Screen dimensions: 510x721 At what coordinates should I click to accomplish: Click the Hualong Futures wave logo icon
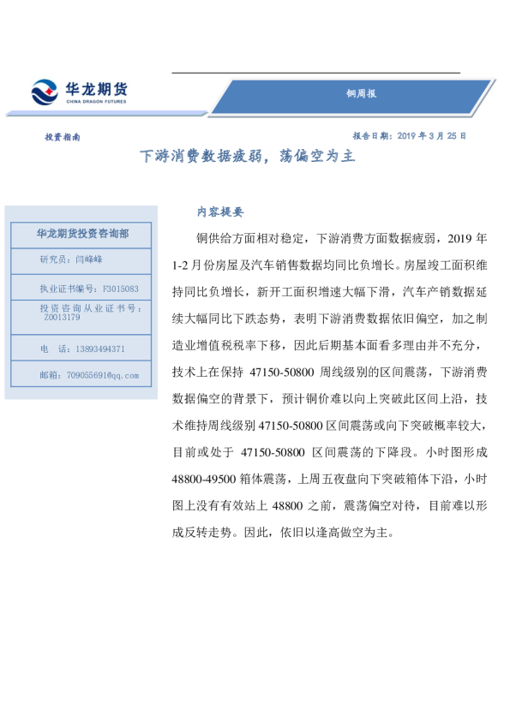tap(45, 92)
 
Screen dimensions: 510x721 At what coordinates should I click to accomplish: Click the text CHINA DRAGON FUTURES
tap(96, 102)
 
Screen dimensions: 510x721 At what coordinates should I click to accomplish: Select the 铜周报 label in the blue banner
tap(361, 94)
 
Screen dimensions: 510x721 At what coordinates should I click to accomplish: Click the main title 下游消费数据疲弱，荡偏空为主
tap(247, 157)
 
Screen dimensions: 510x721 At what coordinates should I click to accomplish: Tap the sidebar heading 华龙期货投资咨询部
tap(82, 233)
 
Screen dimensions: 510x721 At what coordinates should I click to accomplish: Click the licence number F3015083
tap(120, 289)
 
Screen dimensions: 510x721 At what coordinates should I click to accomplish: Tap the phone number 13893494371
tap(94, 349)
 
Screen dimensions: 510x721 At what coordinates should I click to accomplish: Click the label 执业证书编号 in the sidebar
tap(67, 289)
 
